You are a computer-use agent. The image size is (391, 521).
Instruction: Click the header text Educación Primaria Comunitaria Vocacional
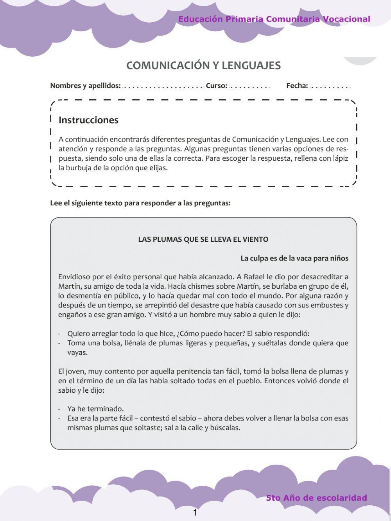click(274, 19)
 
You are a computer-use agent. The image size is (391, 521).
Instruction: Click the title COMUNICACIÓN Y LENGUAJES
click(203, 65)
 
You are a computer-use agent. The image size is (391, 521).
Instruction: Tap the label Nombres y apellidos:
click(85, 86)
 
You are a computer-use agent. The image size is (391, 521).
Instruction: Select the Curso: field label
click(216, 86)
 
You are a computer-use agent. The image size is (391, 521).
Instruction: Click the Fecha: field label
click(297, 86)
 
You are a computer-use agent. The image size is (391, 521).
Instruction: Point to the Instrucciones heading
click(88, 120)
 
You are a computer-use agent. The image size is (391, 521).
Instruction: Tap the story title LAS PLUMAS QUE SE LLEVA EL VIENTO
click(203, 239)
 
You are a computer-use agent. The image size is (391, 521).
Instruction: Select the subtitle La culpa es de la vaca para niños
click(294, 258)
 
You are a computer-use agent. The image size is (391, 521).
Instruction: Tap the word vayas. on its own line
click(77, 352)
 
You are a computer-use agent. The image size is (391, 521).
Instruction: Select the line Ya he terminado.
click(95, 409)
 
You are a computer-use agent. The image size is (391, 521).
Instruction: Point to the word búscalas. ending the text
click(225, 428)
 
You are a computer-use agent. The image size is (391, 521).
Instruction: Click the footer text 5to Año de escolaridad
click(316, 498)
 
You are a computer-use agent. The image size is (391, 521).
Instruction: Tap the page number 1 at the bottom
click(195, 513)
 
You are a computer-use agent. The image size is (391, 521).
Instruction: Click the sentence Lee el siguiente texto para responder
click(140, 203)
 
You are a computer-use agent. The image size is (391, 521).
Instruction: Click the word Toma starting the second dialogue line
click(76, 343)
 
